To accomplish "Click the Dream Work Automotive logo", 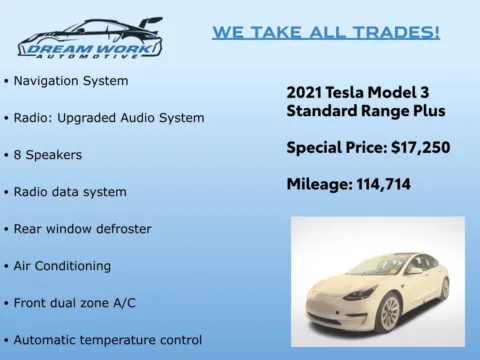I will tap(90, 38).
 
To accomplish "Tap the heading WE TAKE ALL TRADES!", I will tap(326, 32).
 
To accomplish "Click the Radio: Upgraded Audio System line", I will tap(109, 117).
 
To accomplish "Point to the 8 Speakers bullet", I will tap(48, 155).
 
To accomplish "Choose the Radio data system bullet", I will tap(70, 192).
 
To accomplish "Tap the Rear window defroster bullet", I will tap(82, 229).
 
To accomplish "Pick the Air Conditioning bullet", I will tap(62, 266).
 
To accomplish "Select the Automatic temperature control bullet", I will tap(108, 339).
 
